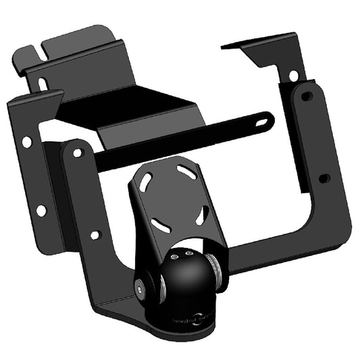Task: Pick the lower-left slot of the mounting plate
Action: point(157,223)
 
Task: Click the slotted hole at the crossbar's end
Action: point(263,123)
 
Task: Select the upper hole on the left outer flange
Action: point(26,143)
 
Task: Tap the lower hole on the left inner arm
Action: point(95,235)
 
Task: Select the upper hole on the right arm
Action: point(307,96)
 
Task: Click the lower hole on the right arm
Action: point(324,178)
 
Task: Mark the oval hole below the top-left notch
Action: point(42,84)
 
